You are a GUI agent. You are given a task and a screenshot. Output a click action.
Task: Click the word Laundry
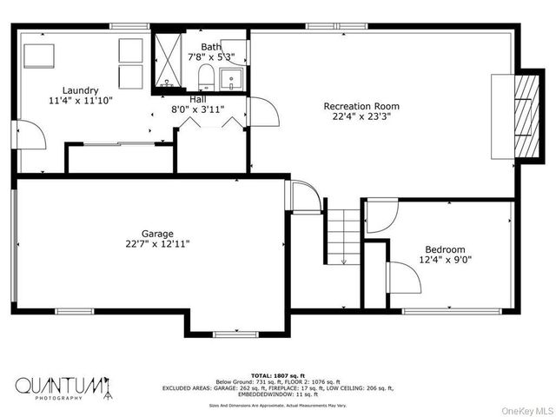tap(80, 89)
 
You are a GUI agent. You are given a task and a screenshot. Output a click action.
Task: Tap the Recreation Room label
tap(361, 106)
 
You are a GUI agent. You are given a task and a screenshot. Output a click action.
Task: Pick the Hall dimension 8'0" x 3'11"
tap(198, 109)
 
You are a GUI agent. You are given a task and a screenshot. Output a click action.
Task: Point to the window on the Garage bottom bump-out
tap(235, 334)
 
